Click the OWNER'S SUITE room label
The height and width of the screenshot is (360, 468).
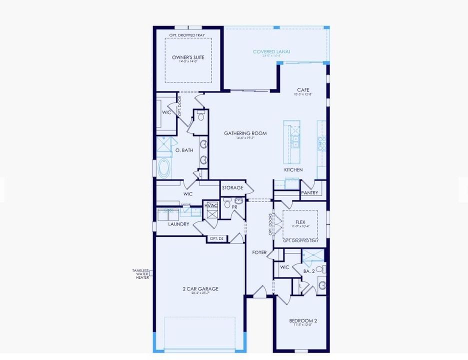click(188, 57)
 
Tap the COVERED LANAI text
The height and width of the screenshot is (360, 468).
click(271, 51)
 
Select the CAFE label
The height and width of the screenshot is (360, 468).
click(303, 90)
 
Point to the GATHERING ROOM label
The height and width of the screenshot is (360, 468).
click(245, 133)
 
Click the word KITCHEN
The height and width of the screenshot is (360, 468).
click(293, 170)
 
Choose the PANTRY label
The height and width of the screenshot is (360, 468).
click(309, 192)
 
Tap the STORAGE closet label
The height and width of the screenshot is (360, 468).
click(232, 188)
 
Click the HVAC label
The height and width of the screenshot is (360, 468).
click(210, 205)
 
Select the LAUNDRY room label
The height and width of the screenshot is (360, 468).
click(178, 224)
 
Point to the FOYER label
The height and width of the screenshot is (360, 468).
click(259, 252)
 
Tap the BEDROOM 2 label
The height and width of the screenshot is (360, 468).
click(303, 320)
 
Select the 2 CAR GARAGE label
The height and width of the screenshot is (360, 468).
click(200, 288)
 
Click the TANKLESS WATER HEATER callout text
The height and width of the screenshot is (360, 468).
click(140, 274)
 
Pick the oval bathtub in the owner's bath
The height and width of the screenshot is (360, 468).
click(163, 169)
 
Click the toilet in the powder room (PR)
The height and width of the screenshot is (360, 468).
click(227, 204)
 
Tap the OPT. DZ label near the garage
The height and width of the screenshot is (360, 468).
click(216, 239)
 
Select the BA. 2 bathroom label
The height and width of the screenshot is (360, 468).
click(309, 271)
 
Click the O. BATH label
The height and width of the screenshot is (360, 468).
click(184, 150)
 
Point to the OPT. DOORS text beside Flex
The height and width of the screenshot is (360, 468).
click(270, 224)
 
